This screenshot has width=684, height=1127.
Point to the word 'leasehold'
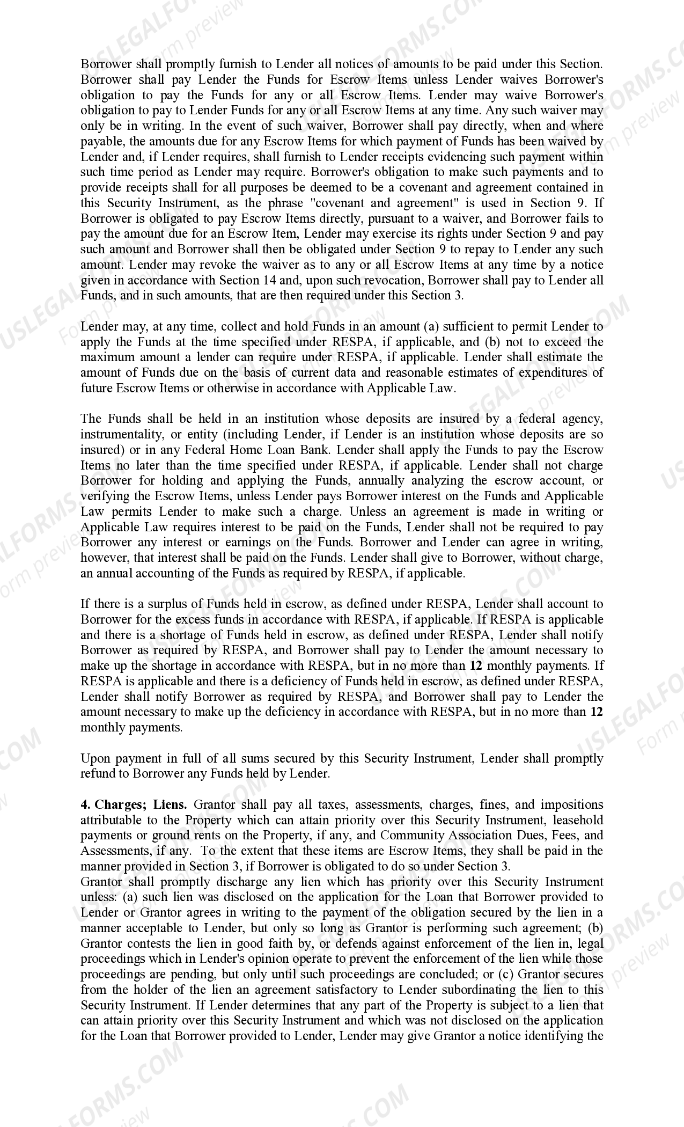[578, 821]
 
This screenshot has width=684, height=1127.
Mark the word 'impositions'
[571, 805]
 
